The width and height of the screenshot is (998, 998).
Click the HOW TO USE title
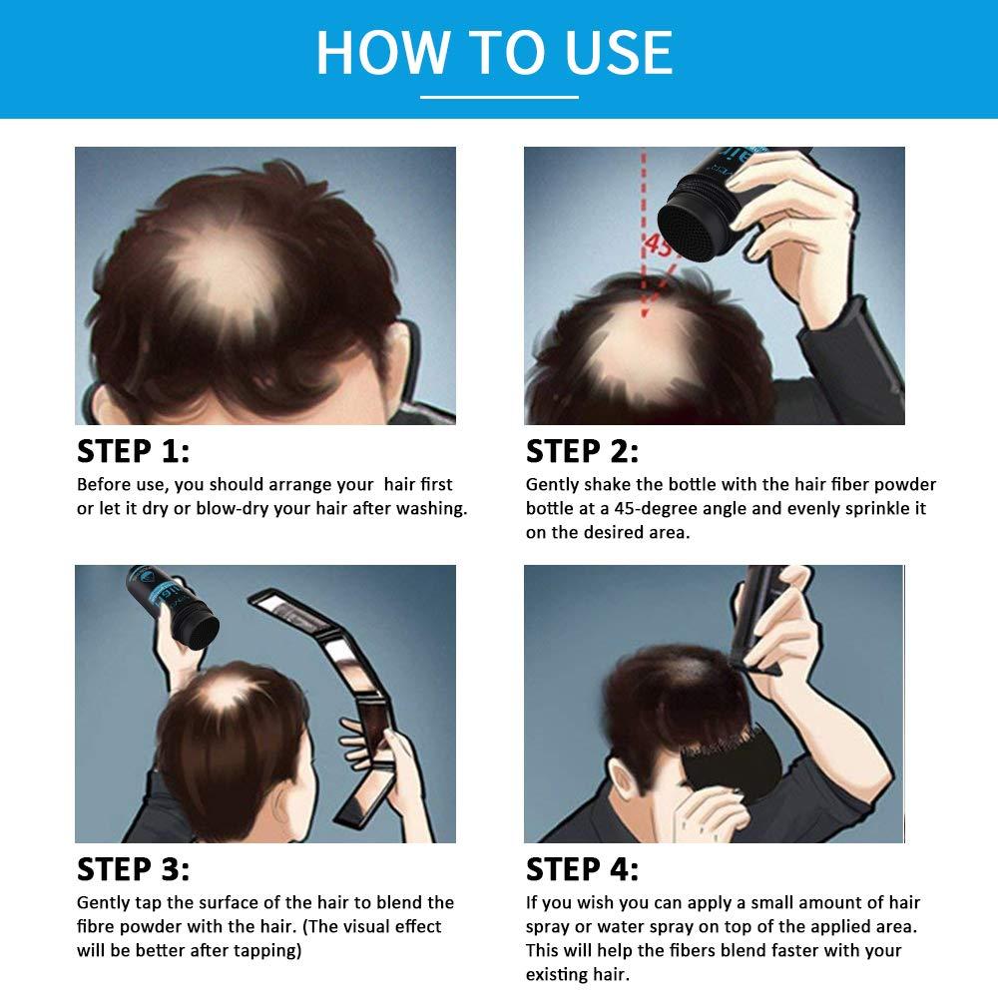click(x=495, y=52)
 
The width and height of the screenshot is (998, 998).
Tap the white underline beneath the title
click(x=499, y=97)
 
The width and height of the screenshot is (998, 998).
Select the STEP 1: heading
click(x=133, y=451)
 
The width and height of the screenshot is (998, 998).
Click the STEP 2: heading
click(x=582, y=451)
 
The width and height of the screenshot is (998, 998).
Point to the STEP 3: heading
click(x=133, y=869)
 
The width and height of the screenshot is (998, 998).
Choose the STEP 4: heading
click(x=582, y=869)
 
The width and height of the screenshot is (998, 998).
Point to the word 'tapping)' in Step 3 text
click(x=268, y=951)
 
